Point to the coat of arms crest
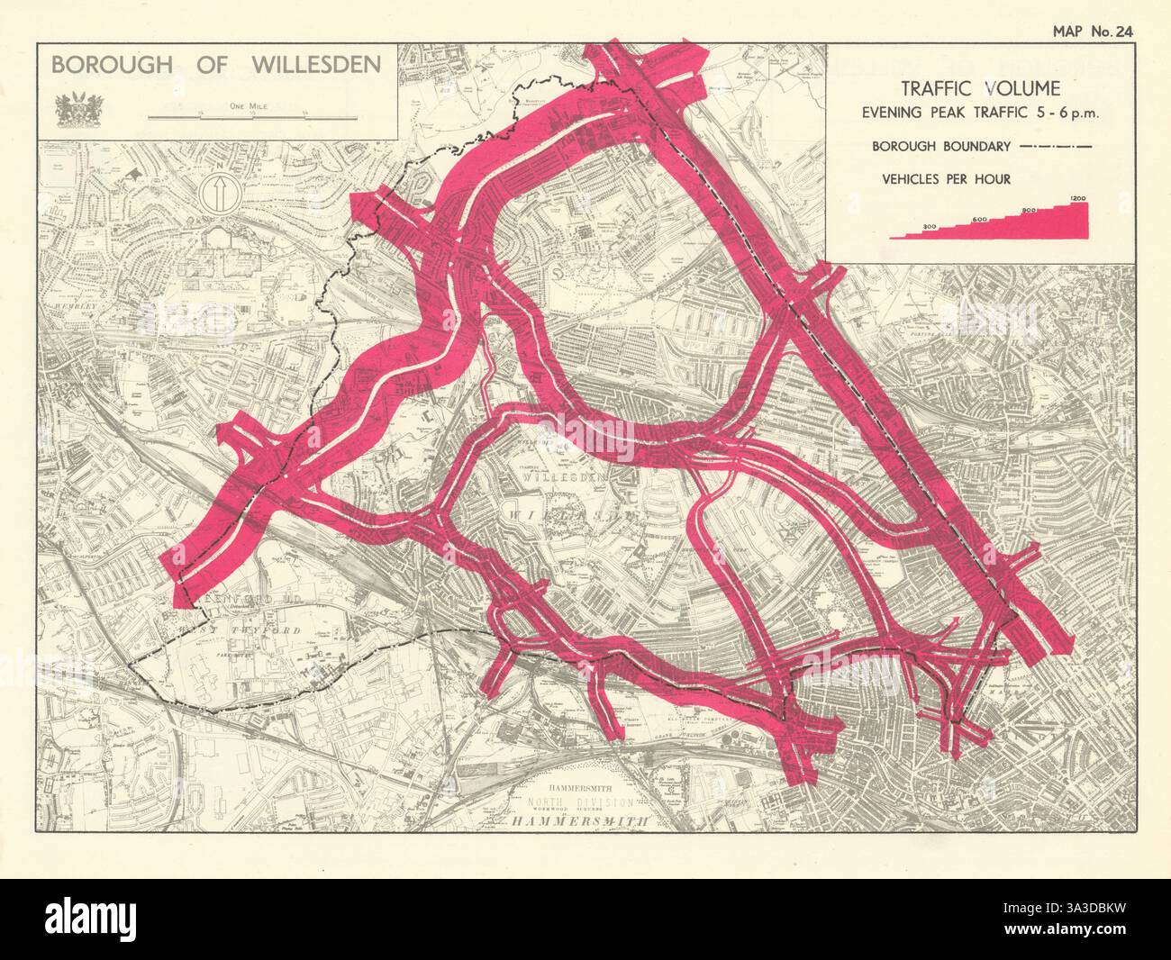click(69, 108)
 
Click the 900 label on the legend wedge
click(1030, 210)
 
